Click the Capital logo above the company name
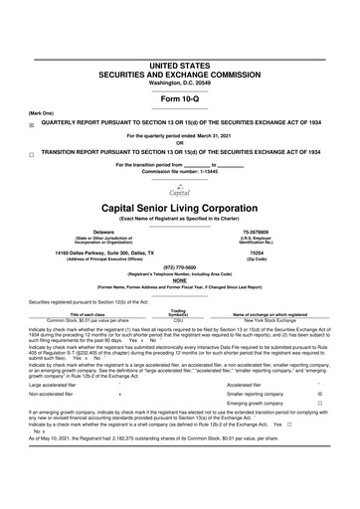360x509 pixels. (x=179, y=191)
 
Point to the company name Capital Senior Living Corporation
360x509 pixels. (x=180, y=209)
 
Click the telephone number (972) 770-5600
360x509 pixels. (x=180, y=267)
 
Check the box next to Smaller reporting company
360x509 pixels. (x=317, y=395)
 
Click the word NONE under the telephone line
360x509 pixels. (x=180, y=281)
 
